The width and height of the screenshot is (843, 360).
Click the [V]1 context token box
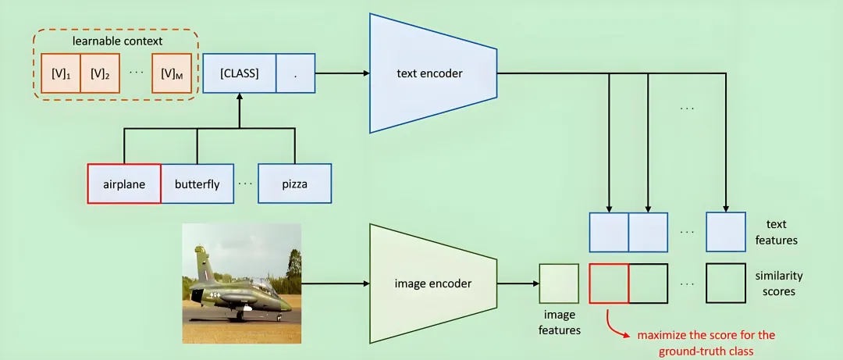coord(61,73)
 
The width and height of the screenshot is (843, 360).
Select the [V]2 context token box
coord(100,73)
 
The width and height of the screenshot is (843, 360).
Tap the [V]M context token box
coord(172,73)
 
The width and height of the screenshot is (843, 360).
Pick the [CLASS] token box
coord(239,73)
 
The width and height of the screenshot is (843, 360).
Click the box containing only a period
coord(295,73)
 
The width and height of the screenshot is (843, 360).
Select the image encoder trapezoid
coord(433,283)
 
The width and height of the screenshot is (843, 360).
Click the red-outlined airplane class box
coord(124,184)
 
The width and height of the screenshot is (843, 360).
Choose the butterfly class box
coord(197,184)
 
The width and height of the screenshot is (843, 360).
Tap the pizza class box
coord(294,184)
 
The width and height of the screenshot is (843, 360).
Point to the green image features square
coord(559,283)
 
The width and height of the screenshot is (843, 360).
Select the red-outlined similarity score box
coord(609,283)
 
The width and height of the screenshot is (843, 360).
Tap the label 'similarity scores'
coord(778,283)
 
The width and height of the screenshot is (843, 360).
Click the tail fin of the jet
coord(201,258)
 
